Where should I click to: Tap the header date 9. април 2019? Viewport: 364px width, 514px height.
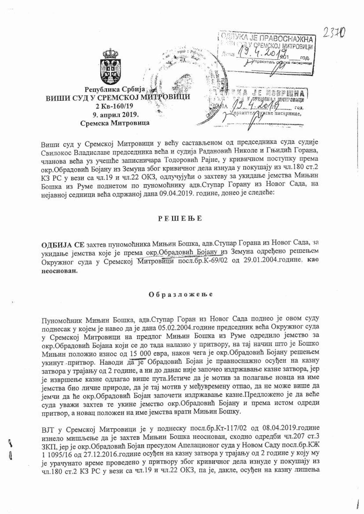[115, 115]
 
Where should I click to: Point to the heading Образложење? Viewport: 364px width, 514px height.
[181, 294]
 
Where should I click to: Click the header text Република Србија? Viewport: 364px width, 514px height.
[115, 89]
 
